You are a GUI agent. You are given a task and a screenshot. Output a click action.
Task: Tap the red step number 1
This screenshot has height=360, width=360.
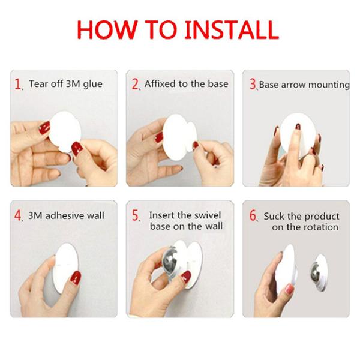[x=19, y=84]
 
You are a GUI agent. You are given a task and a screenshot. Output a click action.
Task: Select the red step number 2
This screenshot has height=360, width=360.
[x=135, y=84]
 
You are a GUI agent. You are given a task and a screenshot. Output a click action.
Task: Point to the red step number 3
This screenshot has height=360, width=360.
[x=253, y=85]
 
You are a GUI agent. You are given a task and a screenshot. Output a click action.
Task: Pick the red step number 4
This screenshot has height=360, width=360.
[x=19, y=216]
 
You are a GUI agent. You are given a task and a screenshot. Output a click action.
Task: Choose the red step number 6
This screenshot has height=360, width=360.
[x=253, y=216]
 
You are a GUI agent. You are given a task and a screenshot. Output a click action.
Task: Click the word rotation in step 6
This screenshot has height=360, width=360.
[x=320, y=227]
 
